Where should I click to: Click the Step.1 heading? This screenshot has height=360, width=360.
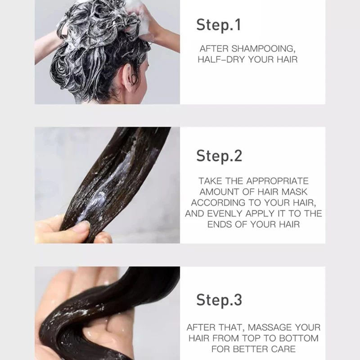tap(219, 25)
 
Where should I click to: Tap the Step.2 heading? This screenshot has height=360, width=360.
tap(219, 156)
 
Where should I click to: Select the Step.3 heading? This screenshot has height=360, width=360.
tap(219, 299)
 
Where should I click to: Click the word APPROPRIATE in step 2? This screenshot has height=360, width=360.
tap(277, 181)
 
